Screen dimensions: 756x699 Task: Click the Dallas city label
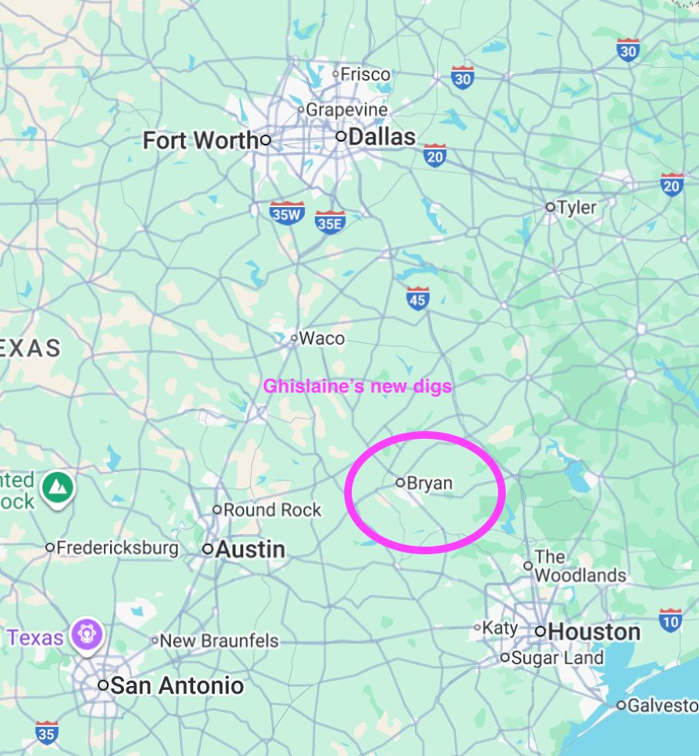[381, 137]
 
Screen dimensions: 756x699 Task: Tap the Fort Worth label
[201, 140]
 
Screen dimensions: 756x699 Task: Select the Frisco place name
[365, 75]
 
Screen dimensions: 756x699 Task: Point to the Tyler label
[577, 206]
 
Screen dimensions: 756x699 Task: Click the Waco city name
[321, 338]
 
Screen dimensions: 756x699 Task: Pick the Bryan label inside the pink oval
[429, 483]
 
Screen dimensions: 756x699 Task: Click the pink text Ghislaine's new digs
[357, 386]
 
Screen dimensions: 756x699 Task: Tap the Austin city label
[250, 550]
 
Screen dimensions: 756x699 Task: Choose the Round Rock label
[272, 510]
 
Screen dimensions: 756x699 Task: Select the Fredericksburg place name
[117, 548]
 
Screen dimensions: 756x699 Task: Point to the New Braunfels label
[219, 641]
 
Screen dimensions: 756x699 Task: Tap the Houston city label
[594, 632]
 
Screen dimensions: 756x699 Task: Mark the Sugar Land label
[557, 658]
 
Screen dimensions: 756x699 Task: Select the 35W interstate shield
[287, 212]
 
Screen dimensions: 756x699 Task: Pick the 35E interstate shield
[329, 222]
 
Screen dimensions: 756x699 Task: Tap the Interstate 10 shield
[671, 620]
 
